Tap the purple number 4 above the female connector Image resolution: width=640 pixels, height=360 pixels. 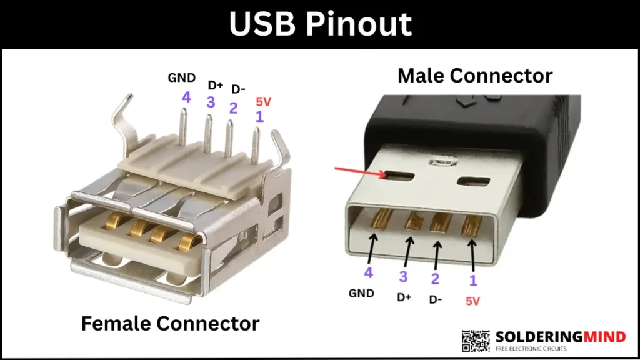[186, 97]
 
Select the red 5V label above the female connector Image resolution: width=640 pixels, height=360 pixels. [264, 101]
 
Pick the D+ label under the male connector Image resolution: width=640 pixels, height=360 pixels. [404, 297]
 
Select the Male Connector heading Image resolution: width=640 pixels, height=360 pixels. [475, 76]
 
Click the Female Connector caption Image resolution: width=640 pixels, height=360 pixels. [170, 323]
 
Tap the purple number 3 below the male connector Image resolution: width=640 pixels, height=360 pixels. [403, 276]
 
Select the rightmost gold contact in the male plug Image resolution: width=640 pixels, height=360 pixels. [471, 224]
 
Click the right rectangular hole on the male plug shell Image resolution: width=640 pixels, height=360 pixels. [472, 181]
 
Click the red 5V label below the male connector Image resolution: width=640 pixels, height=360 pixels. [473, 301]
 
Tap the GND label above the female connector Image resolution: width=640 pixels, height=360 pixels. [182, 78]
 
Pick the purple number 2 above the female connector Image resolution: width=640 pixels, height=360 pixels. [233, 107]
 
